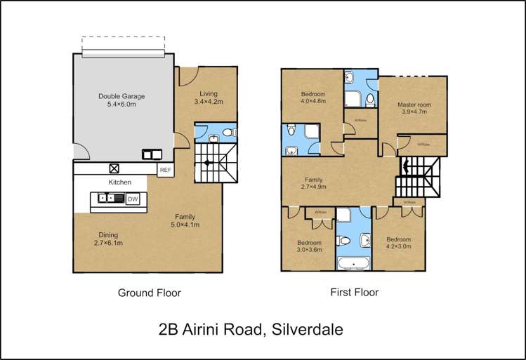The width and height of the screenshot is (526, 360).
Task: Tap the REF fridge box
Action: click(165, 170)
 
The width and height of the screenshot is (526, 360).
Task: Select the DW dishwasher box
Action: click(132, 200)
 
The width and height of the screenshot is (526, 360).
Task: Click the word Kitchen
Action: click(119, 182)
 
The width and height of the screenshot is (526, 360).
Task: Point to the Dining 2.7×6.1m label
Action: click(108, 239)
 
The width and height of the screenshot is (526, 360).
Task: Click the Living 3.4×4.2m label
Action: click(208, 98)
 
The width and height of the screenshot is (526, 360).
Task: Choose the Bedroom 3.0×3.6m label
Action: click(309, 246)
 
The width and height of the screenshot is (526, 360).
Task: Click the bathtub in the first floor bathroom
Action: click(353, 265)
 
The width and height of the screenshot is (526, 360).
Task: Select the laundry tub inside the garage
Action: click(152, 154)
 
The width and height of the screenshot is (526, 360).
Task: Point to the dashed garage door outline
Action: click(124, 46)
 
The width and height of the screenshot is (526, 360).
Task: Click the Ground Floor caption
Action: click(149, 293)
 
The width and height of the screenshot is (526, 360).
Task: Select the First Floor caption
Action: click(354, 292)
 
